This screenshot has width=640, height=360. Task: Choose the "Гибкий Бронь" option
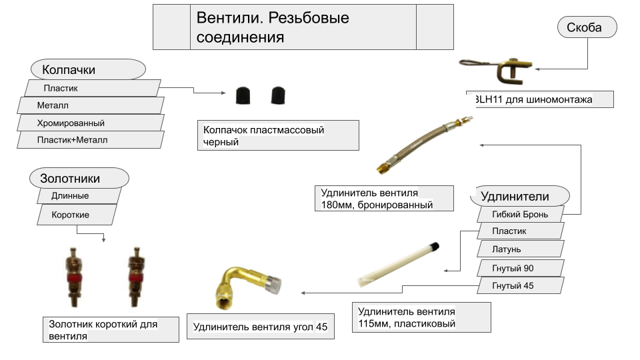[x=520, y=214]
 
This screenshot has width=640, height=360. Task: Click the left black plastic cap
[x=243, y=96]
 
